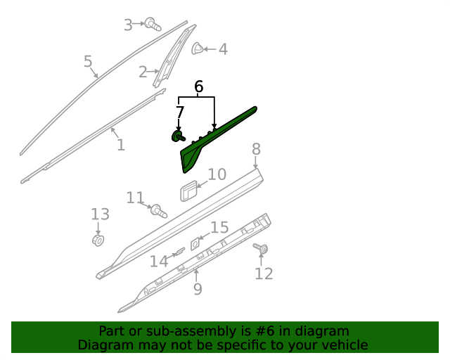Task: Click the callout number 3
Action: pos(128,25)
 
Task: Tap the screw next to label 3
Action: pos(152,25)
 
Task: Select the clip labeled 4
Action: pos(198,49)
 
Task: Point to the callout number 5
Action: pos(88,62)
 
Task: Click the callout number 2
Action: pos(143,72)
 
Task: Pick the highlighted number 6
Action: pos(198,87)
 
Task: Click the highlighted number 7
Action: pos(180,112)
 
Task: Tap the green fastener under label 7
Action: pos(178,136)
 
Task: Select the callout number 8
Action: pos(256,148)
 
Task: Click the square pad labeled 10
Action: pos(187,190)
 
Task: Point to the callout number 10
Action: pos(217,174)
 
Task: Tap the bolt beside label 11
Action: pos(158,210)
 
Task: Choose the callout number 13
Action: pos(101,214)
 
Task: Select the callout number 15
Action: pos(220,227)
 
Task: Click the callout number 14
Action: pos(159,262)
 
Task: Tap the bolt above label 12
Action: pos(262,248)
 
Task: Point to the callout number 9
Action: pos(198,289)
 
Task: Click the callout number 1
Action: pos(121,145)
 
